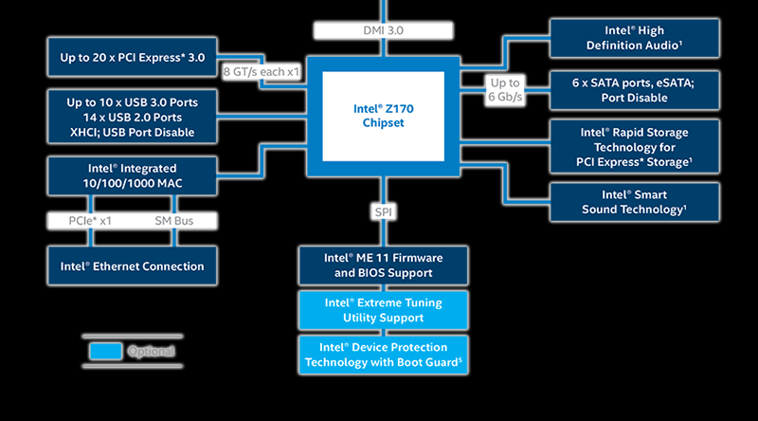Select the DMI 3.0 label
(383, 30)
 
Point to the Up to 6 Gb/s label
(505, 90)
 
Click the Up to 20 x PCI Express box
(133, 58)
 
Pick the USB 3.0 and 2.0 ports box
(133, 117)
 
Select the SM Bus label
(174, 221)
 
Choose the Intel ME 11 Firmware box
(383, 265)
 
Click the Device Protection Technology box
(383, 355)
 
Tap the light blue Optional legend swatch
(106, 351)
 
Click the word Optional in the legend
(152, 352)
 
